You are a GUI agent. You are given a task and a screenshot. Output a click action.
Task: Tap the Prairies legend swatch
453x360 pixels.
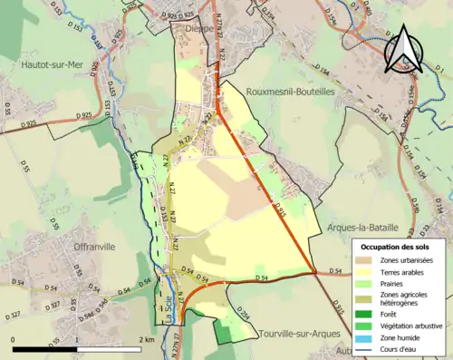368,284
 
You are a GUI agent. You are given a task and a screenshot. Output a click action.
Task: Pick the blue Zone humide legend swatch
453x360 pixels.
368,336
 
